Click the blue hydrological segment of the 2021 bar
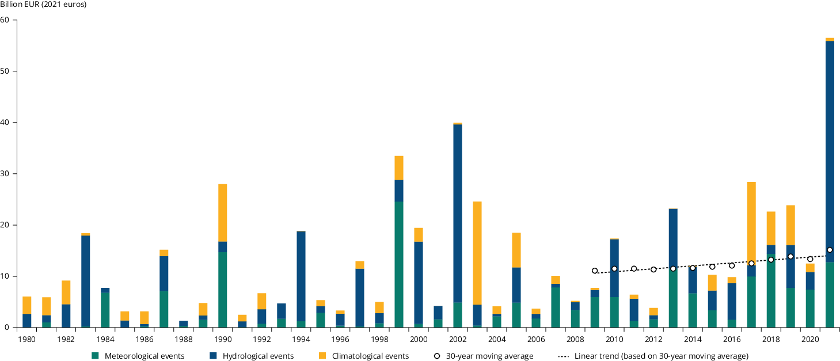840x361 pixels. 830,144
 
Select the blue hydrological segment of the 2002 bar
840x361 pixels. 458,213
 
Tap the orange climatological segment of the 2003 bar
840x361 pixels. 477,253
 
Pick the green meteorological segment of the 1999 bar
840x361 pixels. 399,265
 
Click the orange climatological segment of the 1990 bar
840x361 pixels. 222,212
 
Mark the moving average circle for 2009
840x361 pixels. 595,271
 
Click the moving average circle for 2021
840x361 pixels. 830,250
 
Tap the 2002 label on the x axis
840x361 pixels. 458,339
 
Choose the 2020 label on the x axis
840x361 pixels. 810,339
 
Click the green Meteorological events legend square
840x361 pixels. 95,356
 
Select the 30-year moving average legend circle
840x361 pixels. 437,356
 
